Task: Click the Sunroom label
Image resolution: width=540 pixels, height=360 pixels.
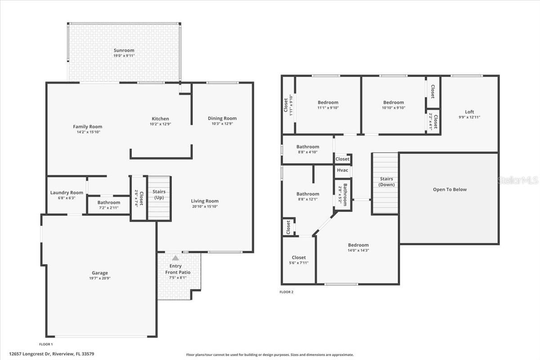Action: click(x=124, y=50)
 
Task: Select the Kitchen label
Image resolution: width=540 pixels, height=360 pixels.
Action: click(x=160, y=119)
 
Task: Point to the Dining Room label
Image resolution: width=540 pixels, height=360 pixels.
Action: click(x=222, y=118)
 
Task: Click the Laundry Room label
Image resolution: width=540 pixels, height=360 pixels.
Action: click(x=67, y=193)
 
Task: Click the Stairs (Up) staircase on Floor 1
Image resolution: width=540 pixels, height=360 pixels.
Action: click(x=159, y=198)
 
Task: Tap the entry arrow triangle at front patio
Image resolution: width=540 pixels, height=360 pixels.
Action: click(x=175, y=258)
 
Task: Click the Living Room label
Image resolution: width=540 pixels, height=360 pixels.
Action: click(x=205, y=201)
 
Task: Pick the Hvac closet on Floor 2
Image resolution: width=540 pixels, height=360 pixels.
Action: click(x=342, y=171)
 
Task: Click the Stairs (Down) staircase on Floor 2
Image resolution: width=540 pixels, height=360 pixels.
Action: click(x=385, y=183)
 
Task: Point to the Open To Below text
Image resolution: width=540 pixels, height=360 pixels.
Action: click(x=450, y=189)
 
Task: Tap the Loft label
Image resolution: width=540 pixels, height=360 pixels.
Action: click(x=469, y=112)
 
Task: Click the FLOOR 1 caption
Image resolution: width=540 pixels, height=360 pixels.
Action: click(x=46, y=344)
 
